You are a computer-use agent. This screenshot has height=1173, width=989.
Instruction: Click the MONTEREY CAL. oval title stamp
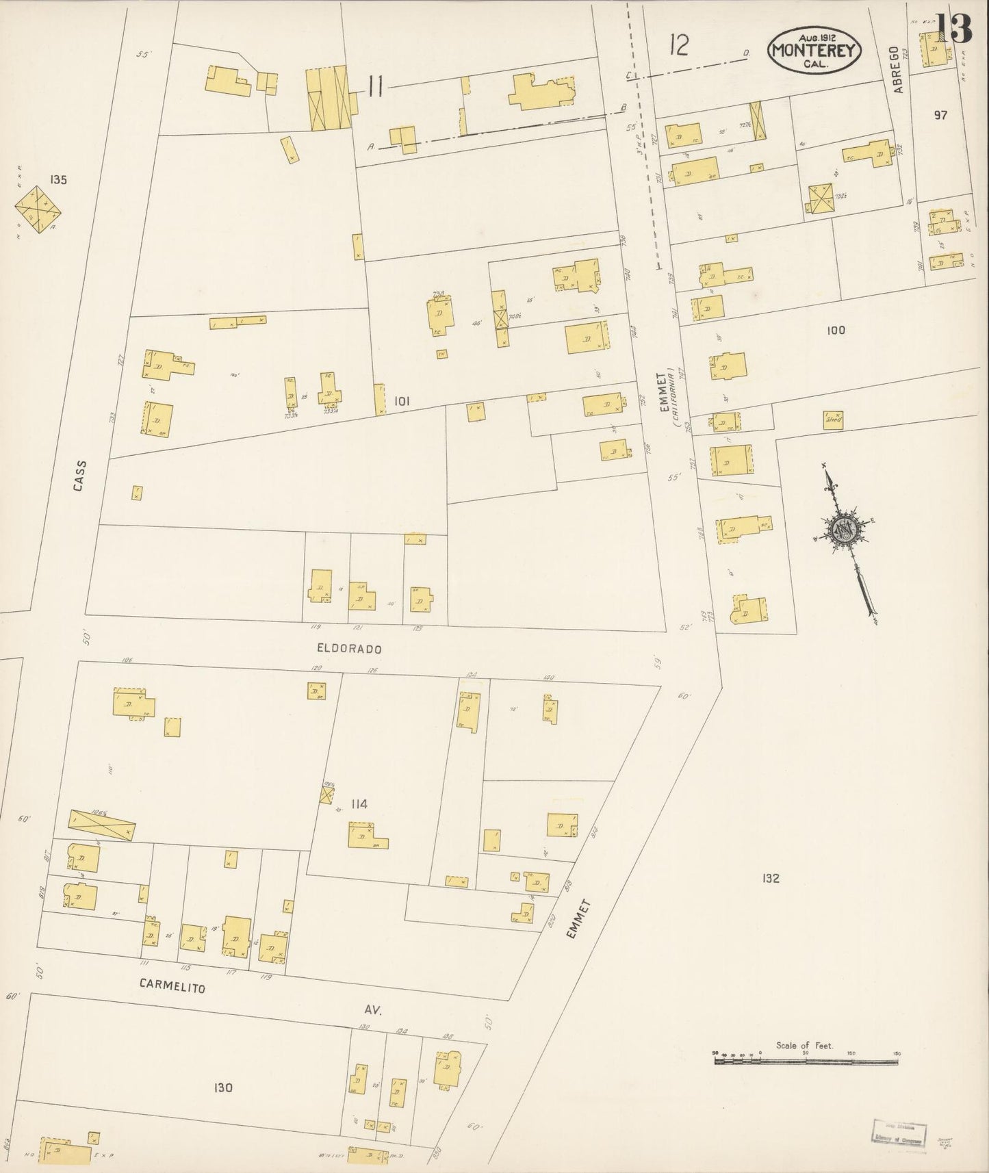point(814,50)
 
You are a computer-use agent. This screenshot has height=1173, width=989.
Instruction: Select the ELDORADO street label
point(349,648)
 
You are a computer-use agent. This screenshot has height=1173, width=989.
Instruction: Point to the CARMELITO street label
point(172,986)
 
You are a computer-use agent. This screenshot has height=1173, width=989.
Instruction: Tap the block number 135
point(58,180)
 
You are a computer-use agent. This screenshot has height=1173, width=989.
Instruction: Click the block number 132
point(770,878)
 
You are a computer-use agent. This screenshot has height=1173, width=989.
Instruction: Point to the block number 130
point(223,1087)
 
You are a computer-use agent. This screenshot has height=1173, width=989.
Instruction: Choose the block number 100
point(836,331)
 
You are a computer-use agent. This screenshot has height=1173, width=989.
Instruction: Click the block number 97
point(940,115)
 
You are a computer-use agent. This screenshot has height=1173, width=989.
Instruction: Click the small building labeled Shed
point(833,419)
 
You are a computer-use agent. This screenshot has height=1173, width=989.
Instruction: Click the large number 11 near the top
point(374,87)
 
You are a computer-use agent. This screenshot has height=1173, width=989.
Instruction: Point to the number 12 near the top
point(679,46)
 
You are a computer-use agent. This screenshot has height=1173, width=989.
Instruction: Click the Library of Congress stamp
point(898,1133)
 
